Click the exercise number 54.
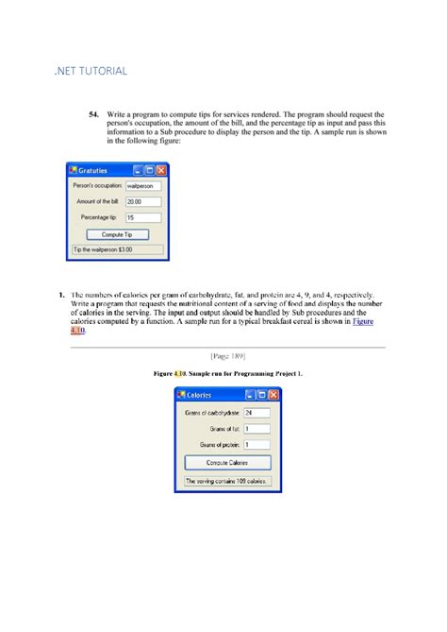point(95,114)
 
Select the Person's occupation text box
point(143,186)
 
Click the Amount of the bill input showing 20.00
point(143,201)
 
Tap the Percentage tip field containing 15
point(143,217)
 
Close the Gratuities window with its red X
point(161,170)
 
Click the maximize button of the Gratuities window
point(150,170)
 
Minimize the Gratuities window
point(139,170)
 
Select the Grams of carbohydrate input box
point(256,413)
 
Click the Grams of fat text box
point(256,428)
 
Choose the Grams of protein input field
point(256,444)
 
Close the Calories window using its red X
point(273,395)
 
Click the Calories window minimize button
point(249,395)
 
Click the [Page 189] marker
point(225,356)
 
